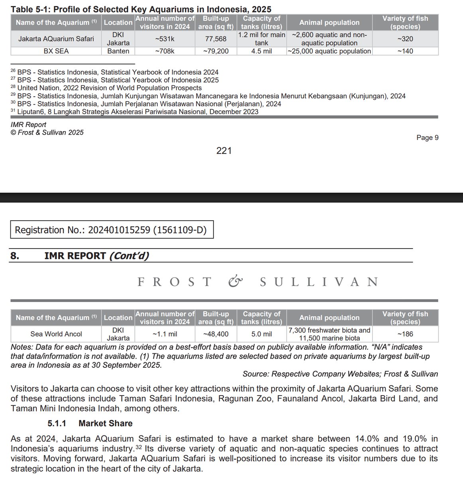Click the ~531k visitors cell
(165, 39)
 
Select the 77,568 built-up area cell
(216, 39)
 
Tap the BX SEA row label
(56, 51)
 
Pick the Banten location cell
(118, 51)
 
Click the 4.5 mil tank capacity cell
(261, 51)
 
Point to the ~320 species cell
(405, 39)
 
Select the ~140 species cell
(405, 51)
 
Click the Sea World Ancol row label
(56, 334)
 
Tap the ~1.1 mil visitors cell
(165, 334)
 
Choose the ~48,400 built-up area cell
(216, 334)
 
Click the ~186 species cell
(405, 334)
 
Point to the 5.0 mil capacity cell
(261, 334)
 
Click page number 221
(224, 151)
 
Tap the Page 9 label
(427, 137)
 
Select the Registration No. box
(112, 230)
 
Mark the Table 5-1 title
(141, 9)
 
